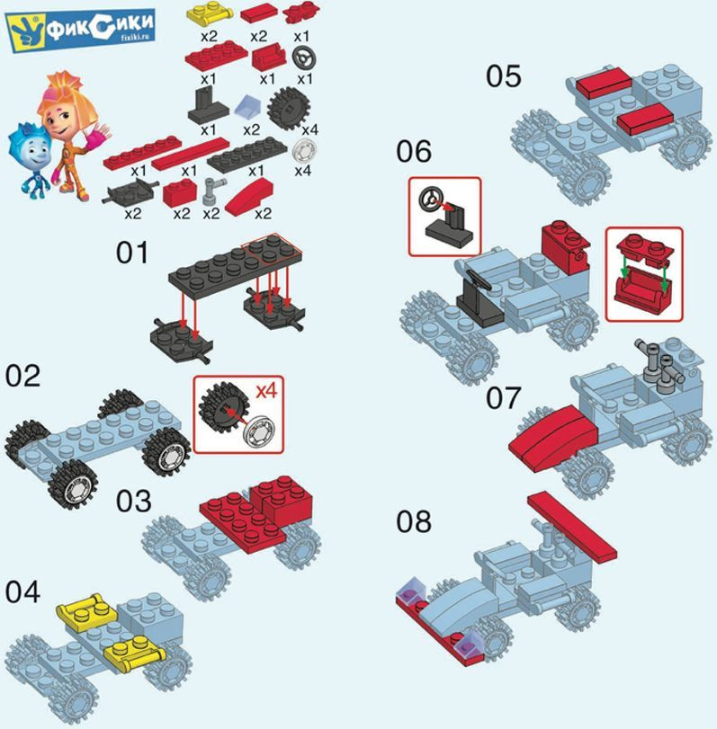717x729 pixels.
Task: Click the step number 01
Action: [132, 253]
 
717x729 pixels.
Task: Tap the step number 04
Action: [22, 592]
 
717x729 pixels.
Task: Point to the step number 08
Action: [414, 521]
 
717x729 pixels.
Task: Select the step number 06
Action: [414, 152]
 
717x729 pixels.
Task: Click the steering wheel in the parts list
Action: [304, 59]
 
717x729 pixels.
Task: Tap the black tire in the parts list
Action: [289, 109]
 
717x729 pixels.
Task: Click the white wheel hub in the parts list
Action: [304, 150]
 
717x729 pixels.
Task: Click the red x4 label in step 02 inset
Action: [266, 391]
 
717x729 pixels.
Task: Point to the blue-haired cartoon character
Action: [29, 159]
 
